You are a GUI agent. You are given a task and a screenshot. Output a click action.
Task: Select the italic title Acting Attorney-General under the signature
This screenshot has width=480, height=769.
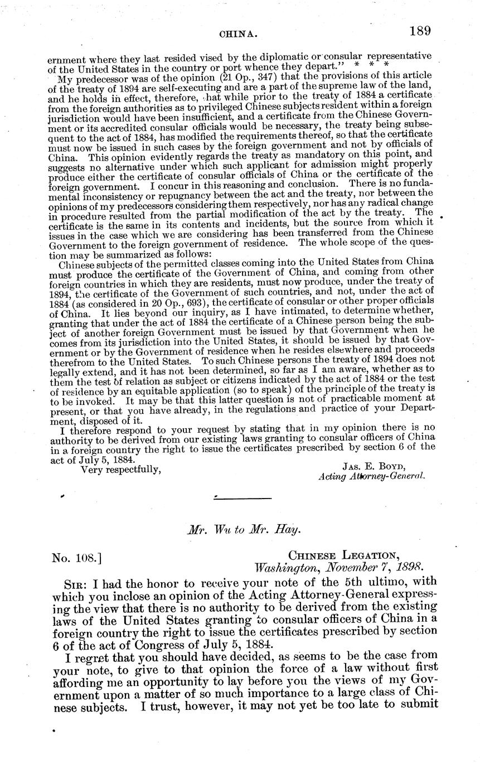coord(371,477)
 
